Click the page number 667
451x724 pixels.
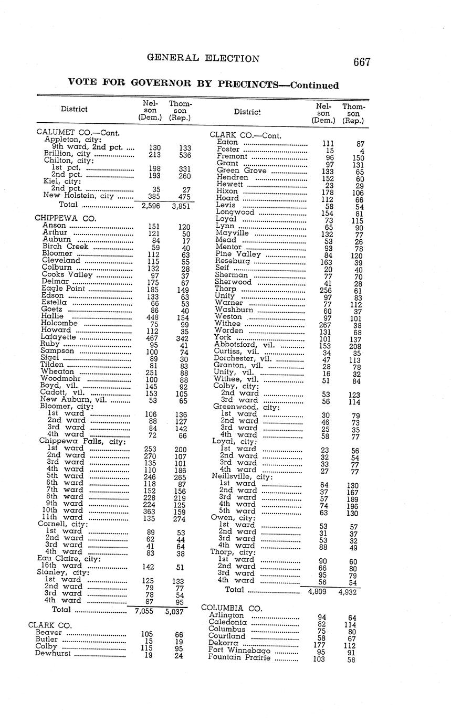(362, 62)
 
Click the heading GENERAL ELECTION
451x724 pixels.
(203, 58)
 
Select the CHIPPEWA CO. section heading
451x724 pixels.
(58, 217)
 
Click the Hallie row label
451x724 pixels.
(53, 316)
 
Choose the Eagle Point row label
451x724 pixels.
(63, 289)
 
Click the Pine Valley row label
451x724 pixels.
(238, 254)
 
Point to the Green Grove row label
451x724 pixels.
(242, 171)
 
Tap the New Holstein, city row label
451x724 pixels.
(79, 196)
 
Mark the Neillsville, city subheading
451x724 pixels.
(242, 476)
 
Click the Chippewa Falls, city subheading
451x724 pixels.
(82, 441)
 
